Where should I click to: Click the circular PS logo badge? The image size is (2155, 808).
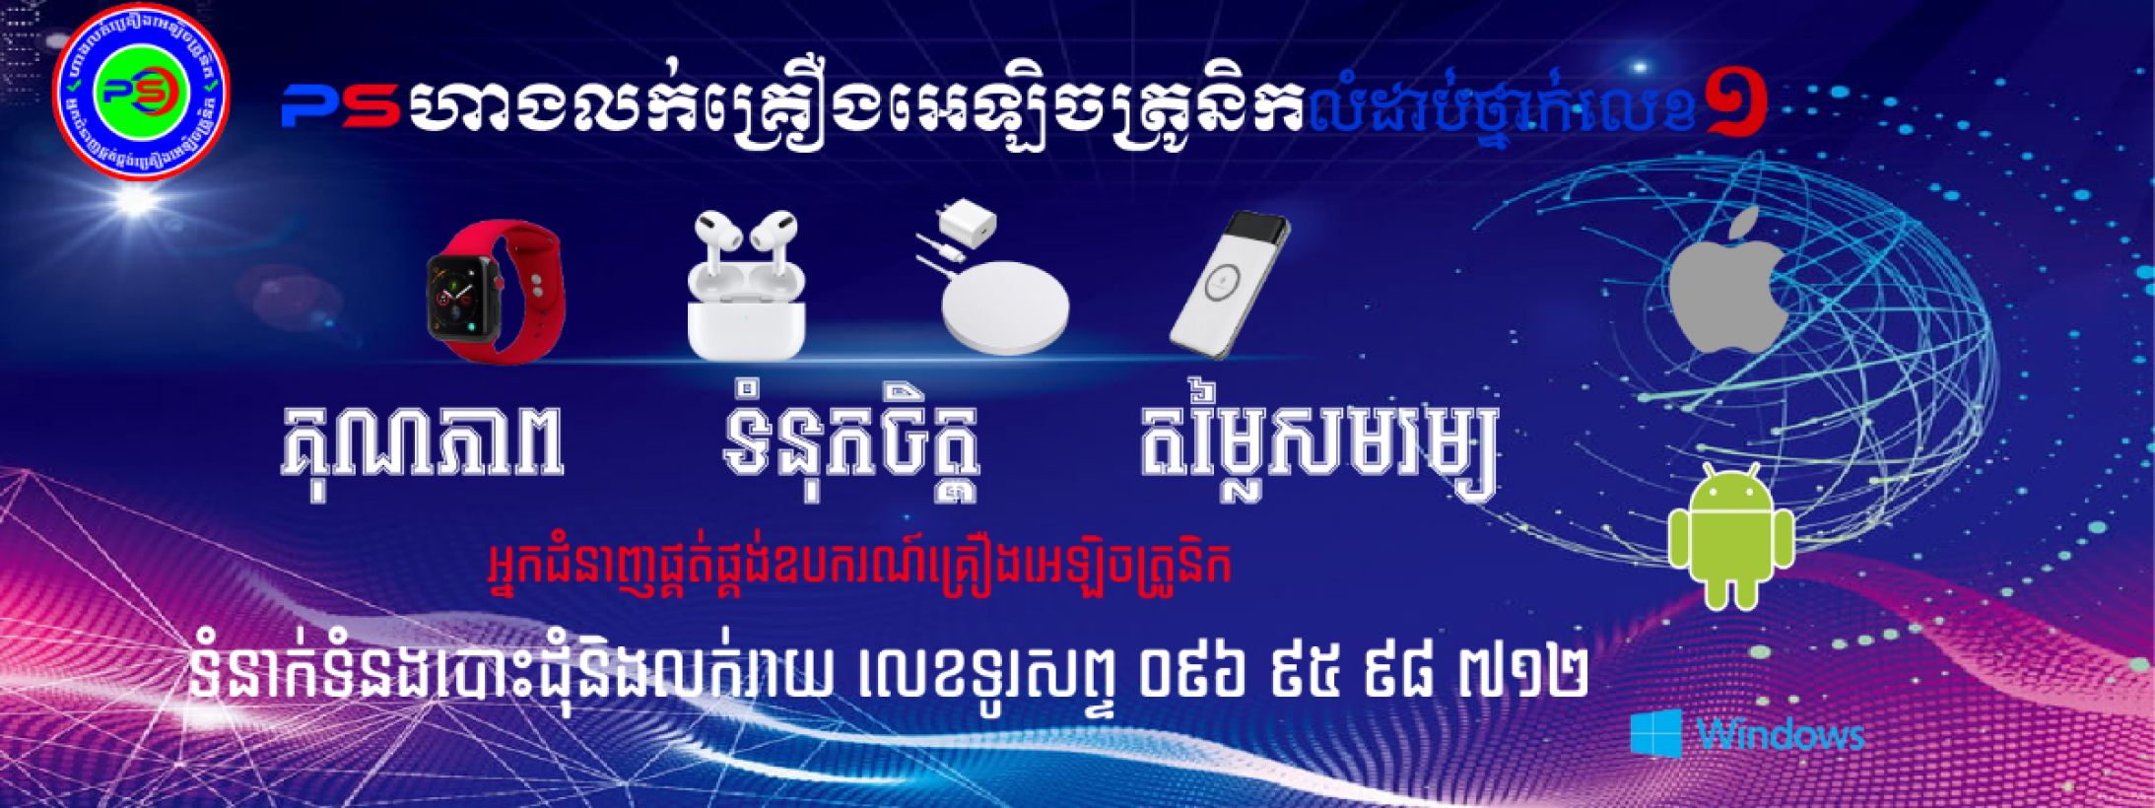click(x=141, y=92)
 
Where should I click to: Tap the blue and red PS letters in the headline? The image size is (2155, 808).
click(x=340, y=104)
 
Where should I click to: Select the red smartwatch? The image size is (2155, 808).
click(x=496, y=292)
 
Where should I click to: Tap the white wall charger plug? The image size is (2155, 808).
click(x=968, y=224)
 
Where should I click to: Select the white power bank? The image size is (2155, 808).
click(x=1229, y=284)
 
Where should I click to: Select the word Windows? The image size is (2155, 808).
click(x=1781, y=735)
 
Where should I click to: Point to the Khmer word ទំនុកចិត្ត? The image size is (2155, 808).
click(x=849, y=445)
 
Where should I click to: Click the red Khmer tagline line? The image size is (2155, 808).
click(x=859, y=567)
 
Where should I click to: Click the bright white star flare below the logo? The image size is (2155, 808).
click(x=135, y=200)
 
